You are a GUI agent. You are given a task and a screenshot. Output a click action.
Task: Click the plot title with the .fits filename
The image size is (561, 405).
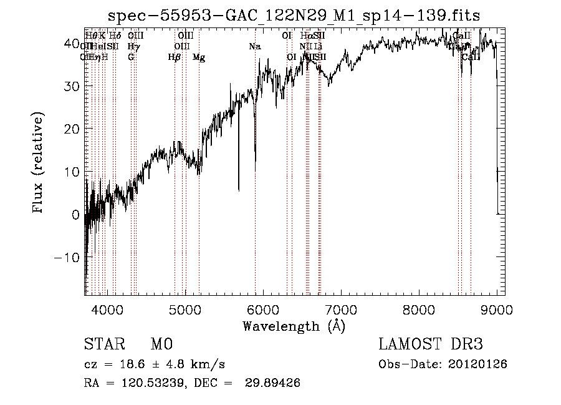[x=294, y=15]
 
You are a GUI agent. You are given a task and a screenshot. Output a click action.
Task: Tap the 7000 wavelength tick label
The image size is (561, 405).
[x=341, y=309]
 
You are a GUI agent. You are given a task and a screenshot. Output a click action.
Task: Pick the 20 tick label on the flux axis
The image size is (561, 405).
[x=72, y=129]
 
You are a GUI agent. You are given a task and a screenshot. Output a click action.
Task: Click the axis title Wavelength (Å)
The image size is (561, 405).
[x=294, y=326]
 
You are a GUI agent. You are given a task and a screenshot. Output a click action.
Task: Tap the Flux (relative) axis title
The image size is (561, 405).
[x=39, y=163]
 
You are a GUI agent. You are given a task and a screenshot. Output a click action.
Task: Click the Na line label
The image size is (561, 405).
[x=254, y=47]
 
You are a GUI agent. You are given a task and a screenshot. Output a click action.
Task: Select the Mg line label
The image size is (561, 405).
[x=199, y=57]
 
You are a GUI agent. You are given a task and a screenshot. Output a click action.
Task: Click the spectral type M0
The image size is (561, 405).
[x=161, y=344]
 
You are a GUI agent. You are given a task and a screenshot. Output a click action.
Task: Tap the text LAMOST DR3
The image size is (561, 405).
[x=431, y=344]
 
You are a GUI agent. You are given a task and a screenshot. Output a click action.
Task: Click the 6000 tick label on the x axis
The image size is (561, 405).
[x=263, y=309]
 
